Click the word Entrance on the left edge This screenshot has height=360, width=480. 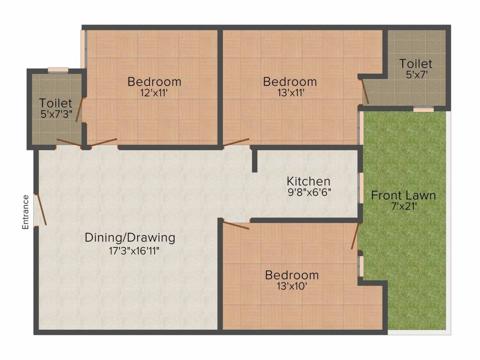[26, 212]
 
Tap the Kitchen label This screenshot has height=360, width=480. [308, 181]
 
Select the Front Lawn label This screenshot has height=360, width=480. [403, 195]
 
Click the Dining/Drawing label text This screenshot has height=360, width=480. [130, 238]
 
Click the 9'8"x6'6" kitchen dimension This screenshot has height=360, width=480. [309, 192]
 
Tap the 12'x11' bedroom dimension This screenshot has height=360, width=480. [154, 93]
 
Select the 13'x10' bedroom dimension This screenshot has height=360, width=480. [292, 286]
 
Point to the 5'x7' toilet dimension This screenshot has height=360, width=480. [416, 74]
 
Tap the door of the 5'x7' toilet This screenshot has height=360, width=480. [365, 91]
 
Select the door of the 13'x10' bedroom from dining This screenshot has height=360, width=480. [236, 225]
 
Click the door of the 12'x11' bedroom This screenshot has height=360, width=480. [104, 142]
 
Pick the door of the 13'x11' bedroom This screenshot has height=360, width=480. [236, 142]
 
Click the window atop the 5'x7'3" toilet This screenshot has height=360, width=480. [58, 71]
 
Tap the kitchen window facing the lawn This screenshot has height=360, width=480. [361, 187]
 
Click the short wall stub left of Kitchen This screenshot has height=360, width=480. [254, 160]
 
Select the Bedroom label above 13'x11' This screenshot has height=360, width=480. [290, 82]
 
